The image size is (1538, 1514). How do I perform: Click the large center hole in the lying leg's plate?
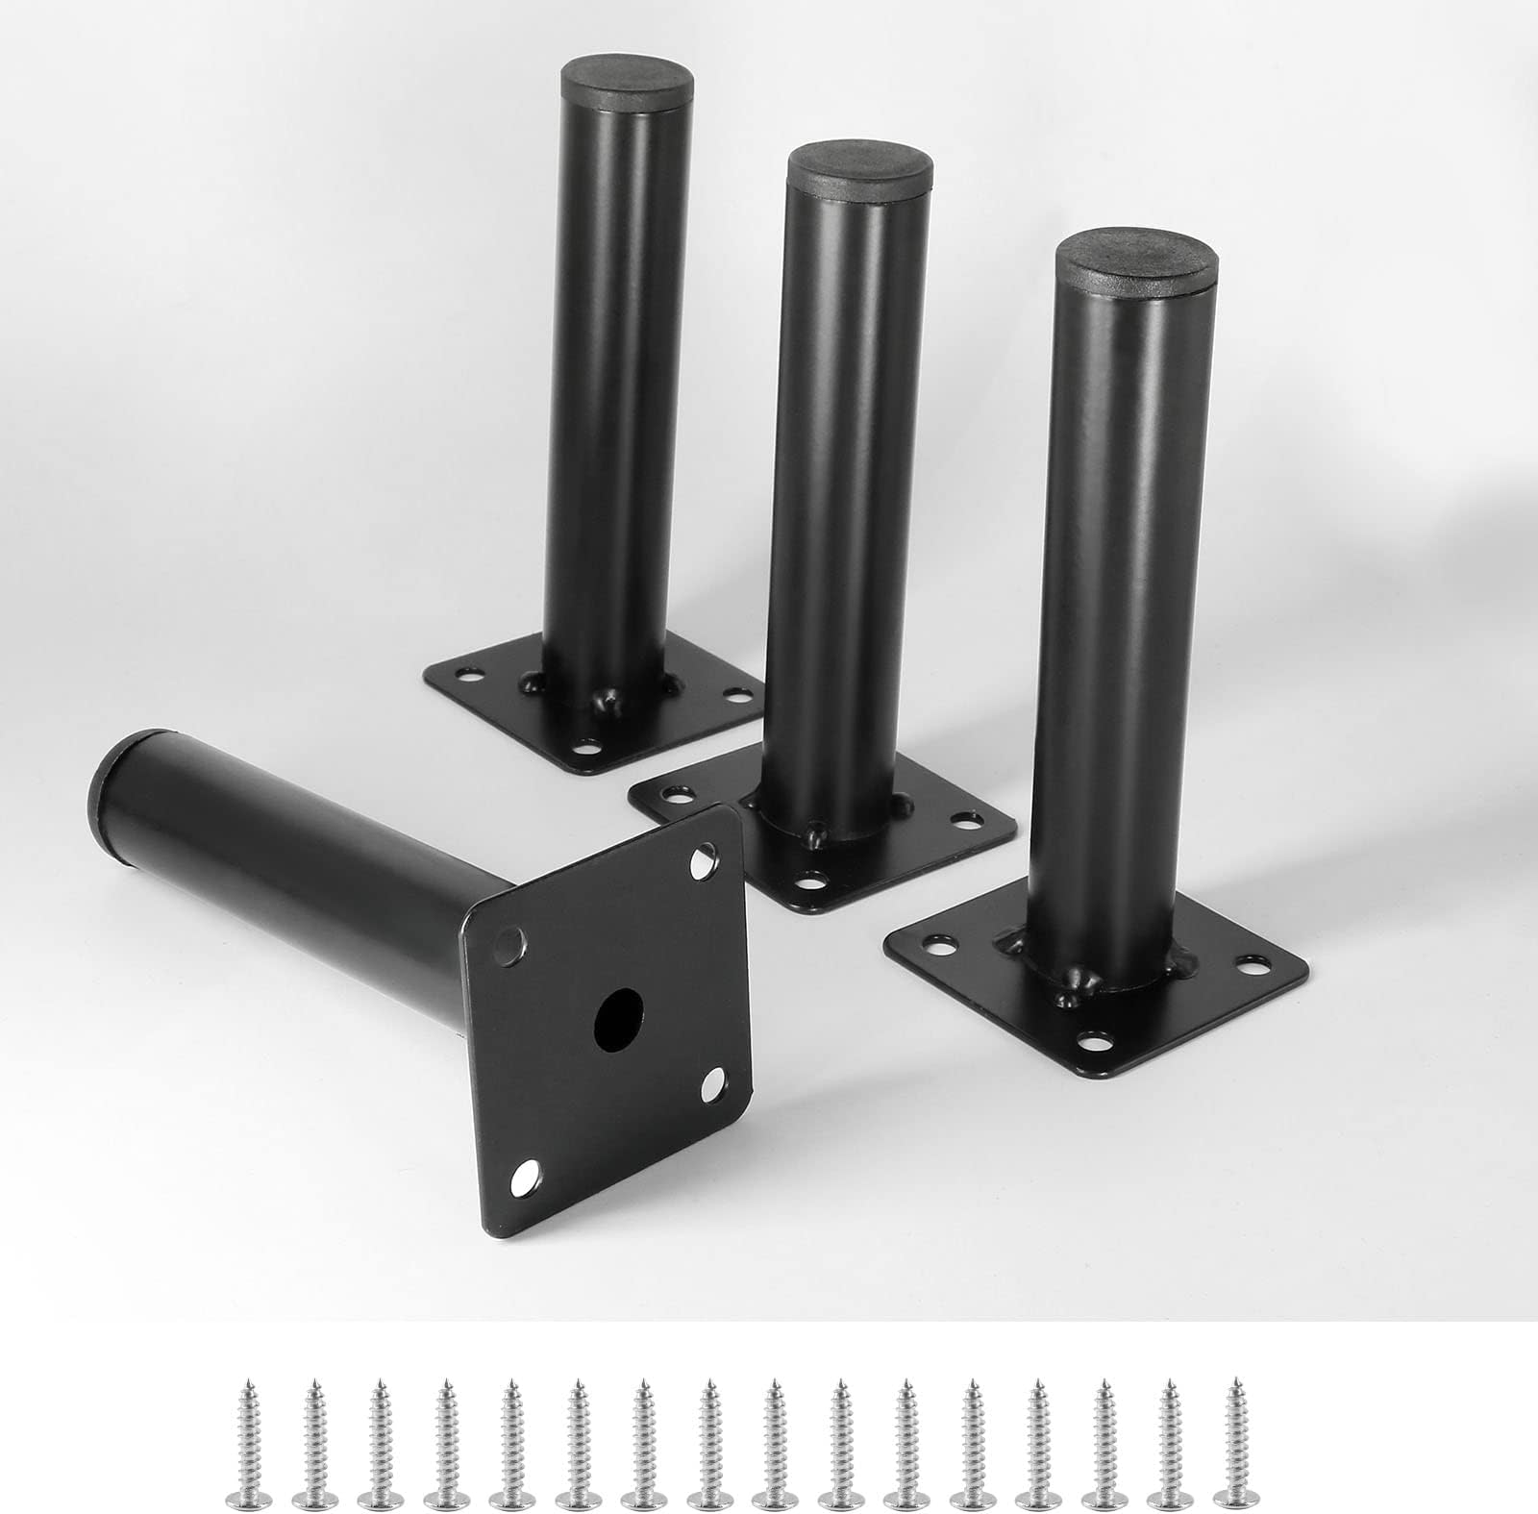[619, 1011]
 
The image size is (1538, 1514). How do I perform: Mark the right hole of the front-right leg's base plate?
[1253, 961]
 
